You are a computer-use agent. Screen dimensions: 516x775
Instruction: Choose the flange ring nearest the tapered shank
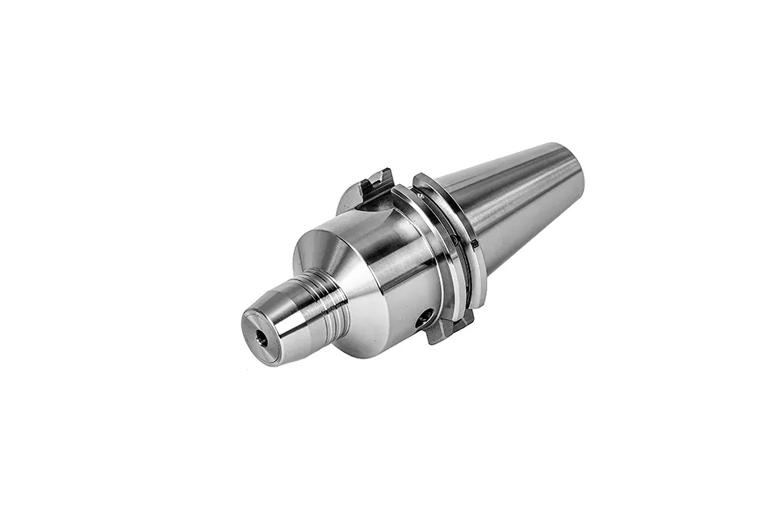[463, 234]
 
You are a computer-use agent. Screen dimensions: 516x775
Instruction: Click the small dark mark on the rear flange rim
[457, 241]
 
